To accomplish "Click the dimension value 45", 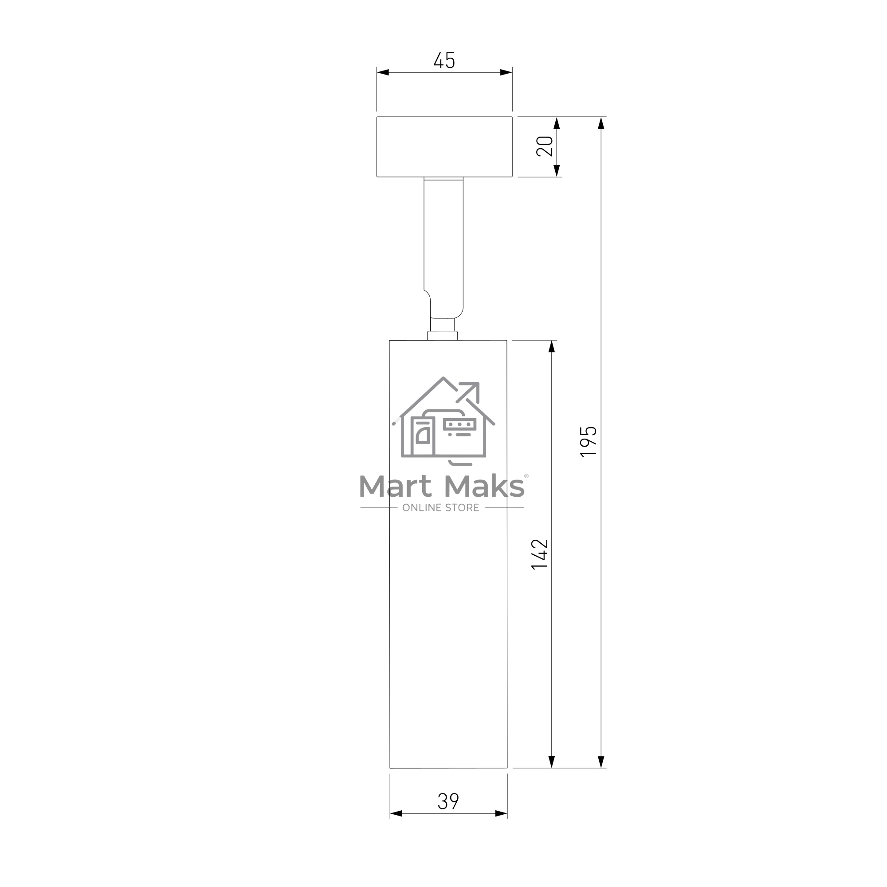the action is (444, 61).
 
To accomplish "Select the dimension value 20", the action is (545, 146).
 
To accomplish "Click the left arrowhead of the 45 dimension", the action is (383, 73).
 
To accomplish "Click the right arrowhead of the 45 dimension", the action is (506, 73).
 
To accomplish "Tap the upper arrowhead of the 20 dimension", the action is (557, 123).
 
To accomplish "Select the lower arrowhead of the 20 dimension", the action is (557, 171).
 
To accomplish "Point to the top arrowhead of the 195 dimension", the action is (601, 123).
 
